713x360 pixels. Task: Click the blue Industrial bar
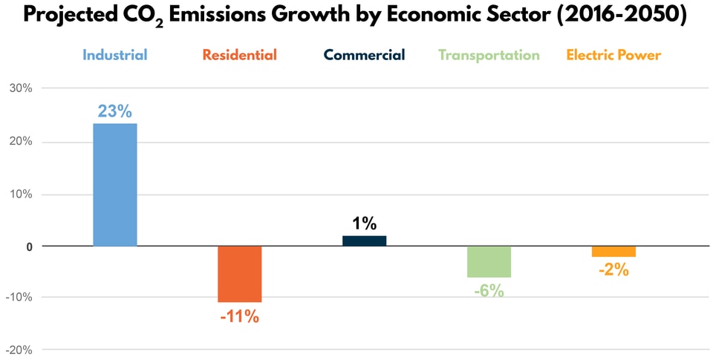pyautogui.click(x=114, y=184)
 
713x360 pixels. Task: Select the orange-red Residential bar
pyautogui.click(x=239, y=274)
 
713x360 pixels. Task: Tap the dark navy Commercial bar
pyautogui.click(x=364, y=240)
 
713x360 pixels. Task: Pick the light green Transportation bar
pyautogui.click(x=489, y=261)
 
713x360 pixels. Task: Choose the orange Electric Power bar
pyautogui.click(x=613, y=251)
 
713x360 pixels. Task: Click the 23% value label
pyautogui.click(x=114, y=111)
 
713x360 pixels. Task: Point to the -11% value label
pyautogui.click(x=239, y=316)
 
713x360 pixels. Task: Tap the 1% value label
pyautogui.click(x=364, y=223)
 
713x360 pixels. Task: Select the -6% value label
pyautogui.click(x=489, y=291)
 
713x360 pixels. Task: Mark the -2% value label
pyautogui.click(x=613, y=270)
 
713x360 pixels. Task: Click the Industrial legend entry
pyautogui.click(x=114, y=55)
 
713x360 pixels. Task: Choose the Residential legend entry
pyautogui.click(x=239, y=55)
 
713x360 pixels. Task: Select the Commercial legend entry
pyautogui.click(x=364, y=55)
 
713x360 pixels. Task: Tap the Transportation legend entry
pyautogui.click(x=489, y=55)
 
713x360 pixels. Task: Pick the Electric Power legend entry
pyautogui.click(x=613, y=55)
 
